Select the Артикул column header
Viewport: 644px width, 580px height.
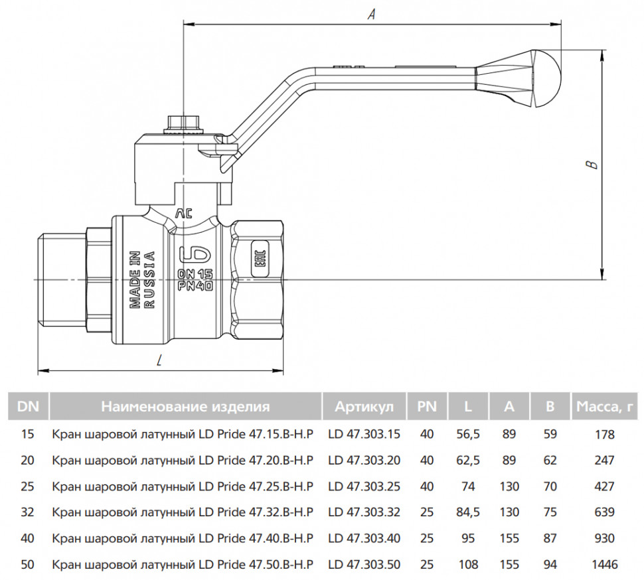coord(364,407)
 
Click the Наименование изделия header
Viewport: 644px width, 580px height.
coord(185,407)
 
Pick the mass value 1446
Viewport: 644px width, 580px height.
coord(605,565)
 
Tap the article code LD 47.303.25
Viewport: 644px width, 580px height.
coord(364,486)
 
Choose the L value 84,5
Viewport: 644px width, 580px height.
coord(467,512)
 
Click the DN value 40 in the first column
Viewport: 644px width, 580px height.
coord(28,539)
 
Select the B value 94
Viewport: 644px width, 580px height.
coord(550,565)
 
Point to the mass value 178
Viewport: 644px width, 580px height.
coord(605,435)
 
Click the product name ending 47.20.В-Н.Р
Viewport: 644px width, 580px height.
coord(182,461)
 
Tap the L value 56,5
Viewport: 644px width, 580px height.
coord(467,435)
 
